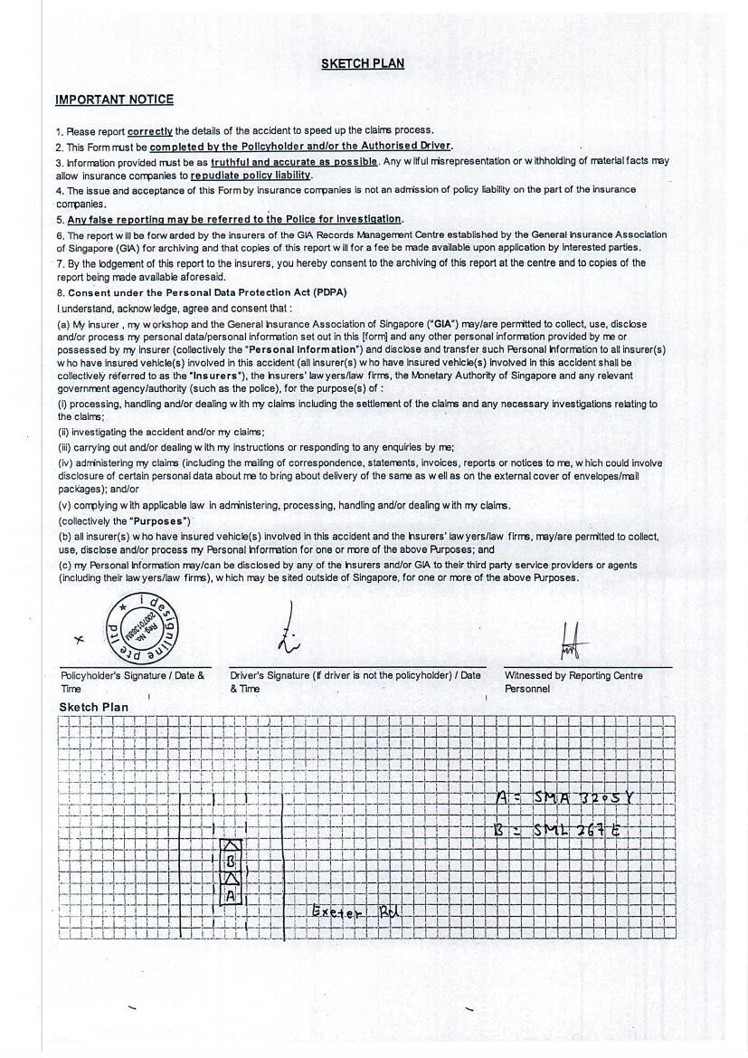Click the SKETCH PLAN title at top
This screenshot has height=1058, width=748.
click(363, 63)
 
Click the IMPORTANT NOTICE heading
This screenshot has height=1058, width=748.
click(114, 100)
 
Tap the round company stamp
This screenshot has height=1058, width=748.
click(143, 626)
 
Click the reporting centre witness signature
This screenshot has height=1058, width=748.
click(571, 643)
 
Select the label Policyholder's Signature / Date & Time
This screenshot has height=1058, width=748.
click(132, 682)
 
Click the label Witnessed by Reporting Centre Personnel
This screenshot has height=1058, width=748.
click(573, 682)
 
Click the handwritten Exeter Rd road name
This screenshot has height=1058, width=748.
click(355, 911)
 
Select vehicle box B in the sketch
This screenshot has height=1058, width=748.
click(232, 861)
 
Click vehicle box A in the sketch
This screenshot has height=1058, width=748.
click(232, 895)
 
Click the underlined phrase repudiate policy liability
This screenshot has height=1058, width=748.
click(251, 176)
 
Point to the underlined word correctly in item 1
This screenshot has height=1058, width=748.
click(150, 130)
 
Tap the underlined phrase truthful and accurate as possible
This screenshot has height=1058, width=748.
click(294, 161)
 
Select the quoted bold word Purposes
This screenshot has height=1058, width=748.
click(160, 521)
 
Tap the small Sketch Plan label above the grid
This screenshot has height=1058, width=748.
click(94, 707)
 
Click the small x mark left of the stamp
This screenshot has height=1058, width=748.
click(80, 639)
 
